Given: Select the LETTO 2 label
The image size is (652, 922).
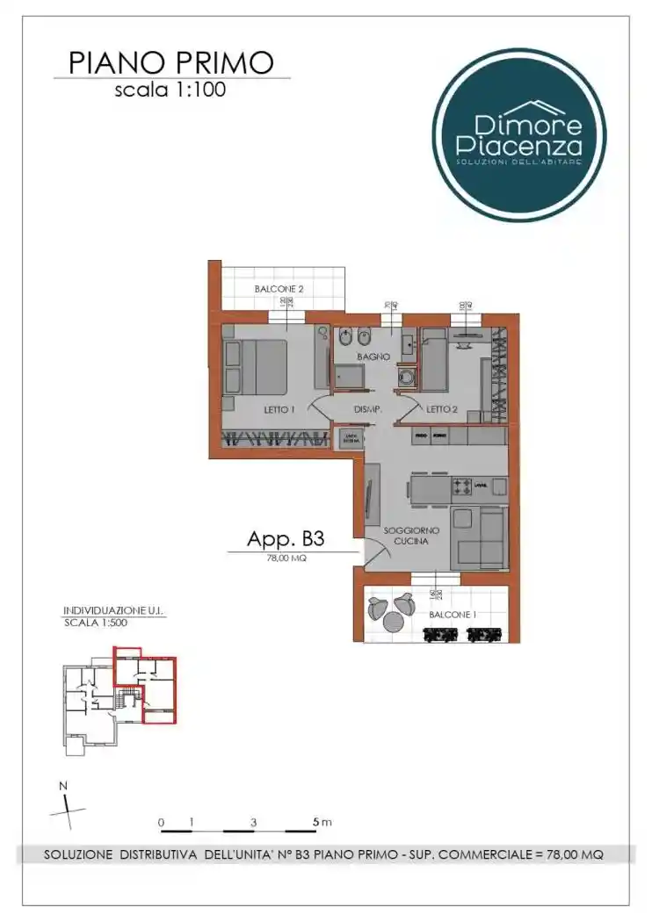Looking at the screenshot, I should click(443, 409).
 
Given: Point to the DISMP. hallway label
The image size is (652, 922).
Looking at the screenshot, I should click(366, 409).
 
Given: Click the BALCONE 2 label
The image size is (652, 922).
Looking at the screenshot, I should click(279, 289).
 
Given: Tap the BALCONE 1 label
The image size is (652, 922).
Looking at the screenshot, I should click(453, 616).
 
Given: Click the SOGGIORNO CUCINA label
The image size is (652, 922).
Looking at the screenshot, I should click(406, 537).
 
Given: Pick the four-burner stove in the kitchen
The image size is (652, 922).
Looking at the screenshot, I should click(462, 486).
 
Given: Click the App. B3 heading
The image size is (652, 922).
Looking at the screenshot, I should click(286, 538).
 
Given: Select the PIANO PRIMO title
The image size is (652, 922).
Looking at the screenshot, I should click(171, 62).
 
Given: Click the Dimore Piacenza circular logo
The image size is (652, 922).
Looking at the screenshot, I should click(518, 135).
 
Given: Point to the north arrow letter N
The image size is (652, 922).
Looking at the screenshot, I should click(62, 786).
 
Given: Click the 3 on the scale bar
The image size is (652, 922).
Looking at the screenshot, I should click(253, 823).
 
